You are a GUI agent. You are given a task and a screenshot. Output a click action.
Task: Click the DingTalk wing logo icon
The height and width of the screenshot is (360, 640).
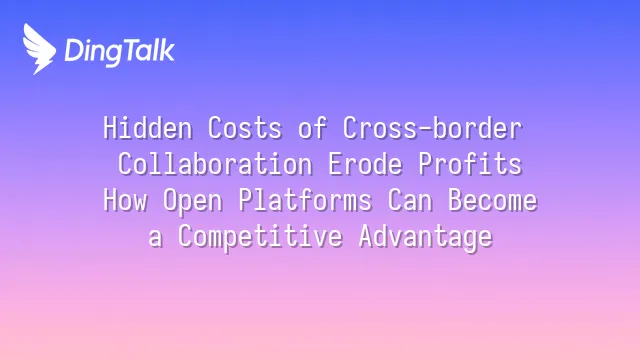pos(39,49)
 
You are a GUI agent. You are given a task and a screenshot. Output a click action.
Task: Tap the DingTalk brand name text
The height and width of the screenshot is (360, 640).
pos(120,52)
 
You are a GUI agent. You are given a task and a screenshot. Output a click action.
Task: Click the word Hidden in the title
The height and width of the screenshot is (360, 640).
pos(148,128)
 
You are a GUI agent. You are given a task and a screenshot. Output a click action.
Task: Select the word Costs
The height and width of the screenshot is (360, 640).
pos(245,128)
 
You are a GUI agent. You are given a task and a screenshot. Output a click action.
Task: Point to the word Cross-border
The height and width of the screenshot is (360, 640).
pos(432,128)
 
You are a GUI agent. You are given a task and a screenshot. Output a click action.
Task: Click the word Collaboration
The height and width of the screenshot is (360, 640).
pos(215,164)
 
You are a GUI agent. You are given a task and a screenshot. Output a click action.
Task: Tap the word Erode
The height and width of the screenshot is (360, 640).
pos(365,164)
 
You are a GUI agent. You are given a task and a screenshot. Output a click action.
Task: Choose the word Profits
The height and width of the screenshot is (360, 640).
pos(470,164)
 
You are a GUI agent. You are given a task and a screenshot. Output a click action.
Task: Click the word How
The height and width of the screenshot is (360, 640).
pos(125,200)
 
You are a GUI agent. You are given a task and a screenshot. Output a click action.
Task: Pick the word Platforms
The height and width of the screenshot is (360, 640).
pos(305,200)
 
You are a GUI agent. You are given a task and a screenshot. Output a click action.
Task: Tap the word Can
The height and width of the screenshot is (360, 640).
pos(410,200)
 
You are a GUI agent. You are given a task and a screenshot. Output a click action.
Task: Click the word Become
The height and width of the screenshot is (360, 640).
pos(493,200)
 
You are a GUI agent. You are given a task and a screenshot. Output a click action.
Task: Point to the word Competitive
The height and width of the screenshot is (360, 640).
pos(260,238)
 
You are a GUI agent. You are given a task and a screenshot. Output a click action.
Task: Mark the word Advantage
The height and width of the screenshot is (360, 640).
pos(426,238)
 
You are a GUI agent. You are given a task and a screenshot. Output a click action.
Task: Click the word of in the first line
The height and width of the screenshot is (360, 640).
pos(312,128)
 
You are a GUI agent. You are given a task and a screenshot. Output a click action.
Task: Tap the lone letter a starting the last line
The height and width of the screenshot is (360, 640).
pos(155,238)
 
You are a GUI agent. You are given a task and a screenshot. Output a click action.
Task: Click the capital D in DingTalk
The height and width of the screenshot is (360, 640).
pos(73,51)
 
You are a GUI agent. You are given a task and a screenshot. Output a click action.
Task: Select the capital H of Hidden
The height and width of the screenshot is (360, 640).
pos(110,128)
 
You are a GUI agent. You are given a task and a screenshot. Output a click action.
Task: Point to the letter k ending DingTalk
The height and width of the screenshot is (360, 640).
pos(168,50)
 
